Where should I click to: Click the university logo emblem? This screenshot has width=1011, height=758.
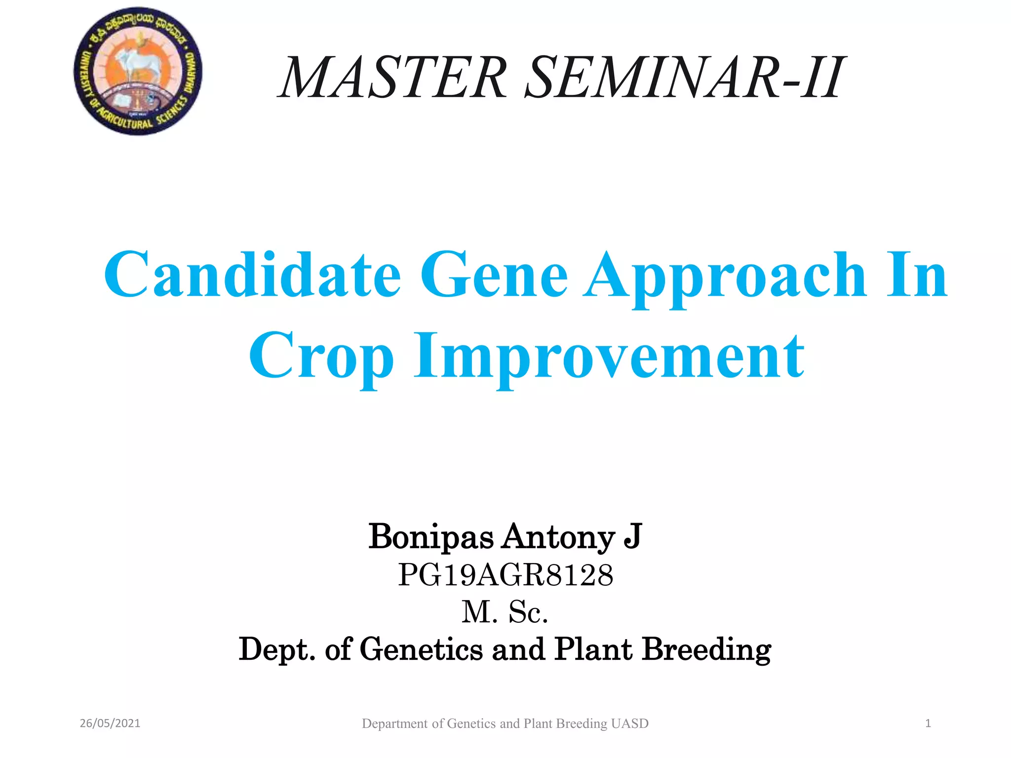coord(138,71)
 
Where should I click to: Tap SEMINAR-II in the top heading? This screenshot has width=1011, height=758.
coord(684,77)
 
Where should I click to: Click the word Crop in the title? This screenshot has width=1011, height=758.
coord(321,356)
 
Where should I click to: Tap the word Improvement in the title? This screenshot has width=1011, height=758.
coord(609,356)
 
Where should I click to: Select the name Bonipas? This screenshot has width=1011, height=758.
coord(430,536)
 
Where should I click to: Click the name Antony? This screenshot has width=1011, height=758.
coord(558,536)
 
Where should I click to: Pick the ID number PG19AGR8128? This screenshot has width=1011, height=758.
coord(505,575)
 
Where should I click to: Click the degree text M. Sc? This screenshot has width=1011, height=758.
coord(505,612)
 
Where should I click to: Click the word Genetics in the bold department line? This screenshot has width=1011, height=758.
coord(421,649)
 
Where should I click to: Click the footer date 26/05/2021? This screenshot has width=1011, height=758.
coord(110,723)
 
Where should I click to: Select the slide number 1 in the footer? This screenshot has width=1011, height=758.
coord(928,723)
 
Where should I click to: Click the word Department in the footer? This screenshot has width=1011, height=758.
coord(394,723)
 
